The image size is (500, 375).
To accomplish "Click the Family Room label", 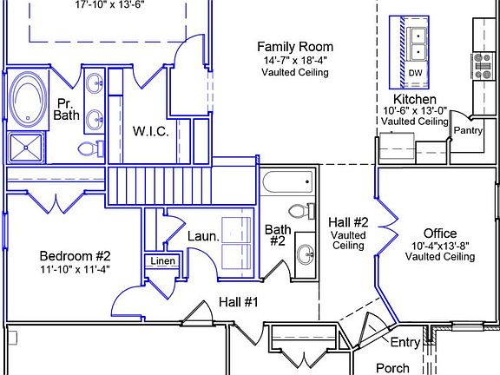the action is pos(295,47).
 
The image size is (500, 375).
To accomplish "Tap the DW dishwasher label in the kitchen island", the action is pos(415,73).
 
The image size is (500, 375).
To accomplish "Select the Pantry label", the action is pos(468,130).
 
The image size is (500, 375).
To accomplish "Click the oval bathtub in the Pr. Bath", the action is pos(27,99).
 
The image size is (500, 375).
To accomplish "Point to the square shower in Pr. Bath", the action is pos(26,148).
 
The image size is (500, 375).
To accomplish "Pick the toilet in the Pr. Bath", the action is pos(91,148).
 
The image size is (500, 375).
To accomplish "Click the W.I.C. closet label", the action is pos(150,131).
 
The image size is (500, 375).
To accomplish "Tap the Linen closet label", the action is pos(162,260).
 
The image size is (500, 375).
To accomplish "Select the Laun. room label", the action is pos(203,237).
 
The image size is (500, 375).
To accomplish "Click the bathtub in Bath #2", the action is pos(287,181).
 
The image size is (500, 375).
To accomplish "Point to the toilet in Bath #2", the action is pos(302,211).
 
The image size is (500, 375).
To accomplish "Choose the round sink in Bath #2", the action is pos(306,254).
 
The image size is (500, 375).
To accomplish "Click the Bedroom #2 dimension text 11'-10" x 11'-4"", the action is pos(75,269).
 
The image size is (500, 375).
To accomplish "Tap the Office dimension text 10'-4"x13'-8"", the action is pos(440,246).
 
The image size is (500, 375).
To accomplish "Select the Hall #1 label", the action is pos(239,302).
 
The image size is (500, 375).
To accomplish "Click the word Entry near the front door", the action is pos(405,342).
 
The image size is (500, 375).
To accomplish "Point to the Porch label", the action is pos(392,368).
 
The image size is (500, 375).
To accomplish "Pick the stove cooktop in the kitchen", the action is pos(482,66).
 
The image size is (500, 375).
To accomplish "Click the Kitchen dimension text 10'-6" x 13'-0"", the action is pos(415,110).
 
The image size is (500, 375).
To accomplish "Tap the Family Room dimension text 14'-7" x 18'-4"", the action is pos(295,60).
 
